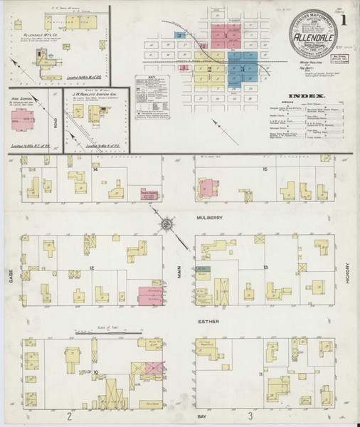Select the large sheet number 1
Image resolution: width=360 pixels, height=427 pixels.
[x=346, y=21]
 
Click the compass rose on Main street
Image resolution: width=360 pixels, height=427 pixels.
[x=164, y=225]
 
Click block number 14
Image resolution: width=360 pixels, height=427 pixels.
[x=95, y=169]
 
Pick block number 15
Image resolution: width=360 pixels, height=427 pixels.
[x=265, y=169]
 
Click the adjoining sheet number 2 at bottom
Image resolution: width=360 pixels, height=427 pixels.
[x=69, y=415]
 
